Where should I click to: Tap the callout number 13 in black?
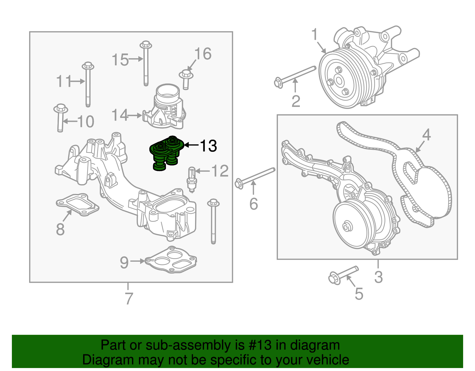(208, 146)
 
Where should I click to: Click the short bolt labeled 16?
(186, 78)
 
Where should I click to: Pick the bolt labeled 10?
(60, 118)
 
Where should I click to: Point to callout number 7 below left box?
(129, 298)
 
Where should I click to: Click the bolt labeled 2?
(294, 76)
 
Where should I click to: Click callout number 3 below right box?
(378, 277)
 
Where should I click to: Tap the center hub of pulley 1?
(338, 80)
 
